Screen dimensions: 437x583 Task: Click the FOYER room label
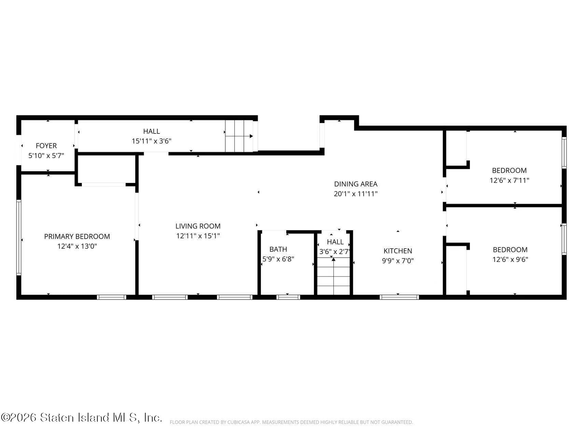pyautogui.click(x=46, y=146)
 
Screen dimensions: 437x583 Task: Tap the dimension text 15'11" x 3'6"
pyautogui.click(x=151, y=141)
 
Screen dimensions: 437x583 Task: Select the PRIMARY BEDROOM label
pyautogui.click(x=77, y=237)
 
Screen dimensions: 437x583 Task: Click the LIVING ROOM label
pyautogui.click(x=198, y=226)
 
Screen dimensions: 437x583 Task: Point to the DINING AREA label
pyautogui.click(x=356, y=184)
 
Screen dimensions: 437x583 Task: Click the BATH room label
pyautogui.click(x=278, y=249)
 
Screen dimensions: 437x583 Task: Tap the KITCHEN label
pyautogui.click(x=398, y=251)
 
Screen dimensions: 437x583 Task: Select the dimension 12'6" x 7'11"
pyautogui.click(x=509, y=180)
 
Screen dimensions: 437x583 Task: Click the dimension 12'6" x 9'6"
pyautogui.click(x=510, y=259)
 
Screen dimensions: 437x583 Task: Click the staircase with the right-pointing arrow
pyautogui.click(x=239, y=136)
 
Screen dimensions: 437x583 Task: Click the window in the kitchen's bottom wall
pyautogui.click(x=399, y=297)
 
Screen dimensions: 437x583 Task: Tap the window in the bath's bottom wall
pyautogui.click(x=288, y=297)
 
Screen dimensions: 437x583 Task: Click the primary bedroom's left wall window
pyautogui.click(x=19, y=237)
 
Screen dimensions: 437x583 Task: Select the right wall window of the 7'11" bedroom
pyautogui.click(x=564, y=153)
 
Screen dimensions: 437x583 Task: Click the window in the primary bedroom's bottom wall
pyautogui.click(x=112, y=297)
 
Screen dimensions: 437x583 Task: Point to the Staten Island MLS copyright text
pyautogui.click(x=81, y=418)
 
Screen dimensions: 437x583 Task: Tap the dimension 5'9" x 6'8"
pyautogui.click(x=278, y=259)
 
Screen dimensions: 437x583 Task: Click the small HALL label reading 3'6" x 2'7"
pyautogui.click(x=335, y=242)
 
